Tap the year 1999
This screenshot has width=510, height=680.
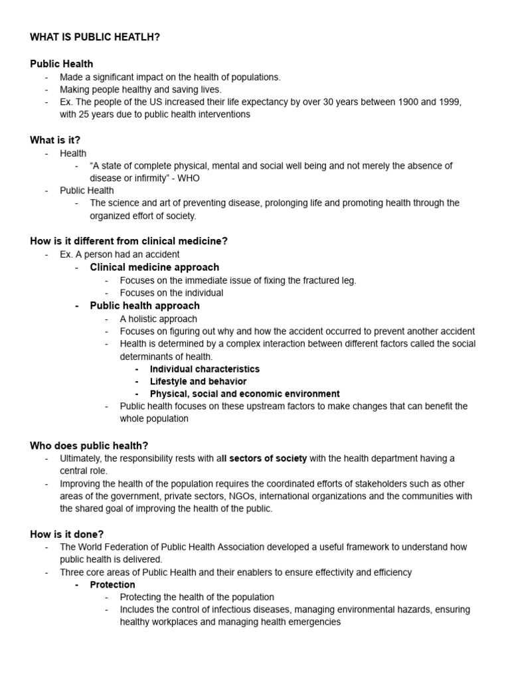point(446,102)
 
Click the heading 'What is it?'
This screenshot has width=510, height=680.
point(55,140)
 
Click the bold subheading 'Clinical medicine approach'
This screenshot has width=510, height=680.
point(154,268)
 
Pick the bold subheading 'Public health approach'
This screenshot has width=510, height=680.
point(145,305)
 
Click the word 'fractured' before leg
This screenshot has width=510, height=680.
point(317,280)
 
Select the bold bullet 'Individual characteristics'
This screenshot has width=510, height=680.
point(205,369)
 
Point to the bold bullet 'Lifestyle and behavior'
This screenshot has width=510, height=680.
point(198,381)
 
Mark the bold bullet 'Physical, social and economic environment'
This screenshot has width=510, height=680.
point(244,394)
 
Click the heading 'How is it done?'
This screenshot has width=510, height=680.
point(67,534)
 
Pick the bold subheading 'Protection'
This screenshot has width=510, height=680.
point(112,584)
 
